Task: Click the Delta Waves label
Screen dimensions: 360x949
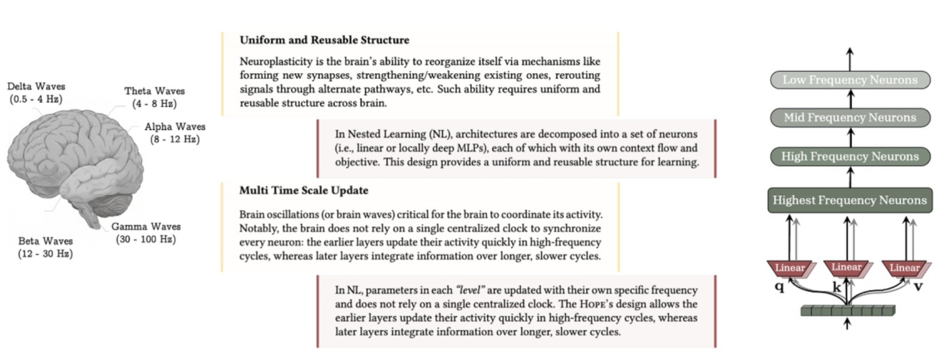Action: [36, 93]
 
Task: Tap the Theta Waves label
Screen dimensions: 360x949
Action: [154, 97]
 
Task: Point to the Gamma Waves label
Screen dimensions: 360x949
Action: [145, 232]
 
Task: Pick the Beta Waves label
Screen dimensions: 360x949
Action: [47, 247]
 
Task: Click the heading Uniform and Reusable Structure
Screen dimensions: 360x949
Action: [324, 39]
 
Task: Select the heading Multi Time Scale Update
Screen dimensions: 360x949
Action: [305, 191]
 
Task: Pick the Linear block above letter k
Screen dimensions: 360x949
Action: [847, 268]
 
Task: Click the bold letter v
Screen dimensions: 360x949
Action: [918, 285]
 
